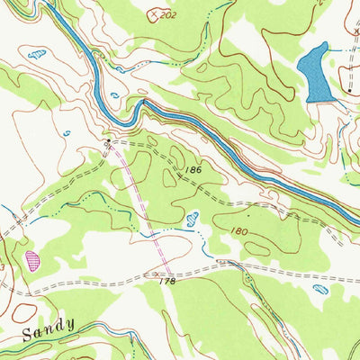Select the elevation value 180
click(238, 231)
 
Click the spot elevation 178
click(163, 281)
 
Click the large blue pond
click(312, 72)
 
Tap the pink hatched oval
click(33, 260)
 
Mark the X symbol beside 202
click(155, 15)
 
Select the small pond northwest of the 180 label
click(192, 217)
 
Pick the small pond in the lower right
click(320, 290)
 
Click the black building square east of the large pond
click(347, 91)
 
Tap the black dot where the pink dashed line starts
click(108, 142)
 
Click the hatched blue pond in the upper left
click(37, 55)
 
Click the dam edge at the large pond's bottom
click(315, 98)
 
